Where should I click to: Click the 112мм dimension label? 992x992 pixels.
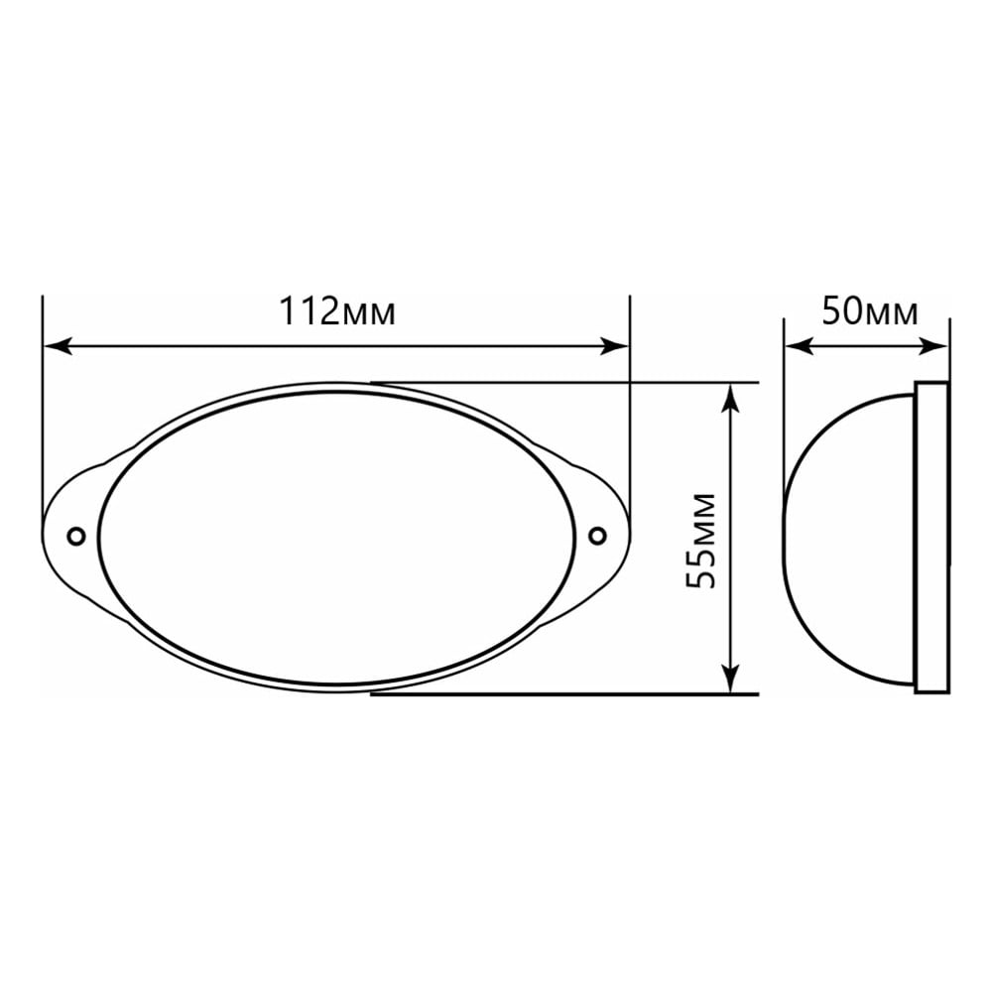(x=337, y=311)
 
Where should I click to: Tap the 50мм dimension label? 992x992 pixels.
(x=870, y=311)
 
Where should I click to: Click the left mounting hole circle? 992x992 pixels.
(x=76, y=536)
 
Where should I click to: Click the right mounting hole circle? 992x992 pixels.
(x=597, y=536)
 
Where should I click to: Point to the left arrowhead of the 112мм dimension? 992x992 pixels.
(x=56, y=346)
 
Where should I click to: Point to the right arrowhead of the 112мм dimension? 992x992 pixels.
(x=615, y=346)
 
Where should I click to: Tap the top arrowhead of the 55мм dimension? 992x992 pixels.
(x=731, y=398)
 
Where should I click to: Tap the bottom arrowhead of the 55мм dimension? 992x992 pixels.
(x=731, y=679)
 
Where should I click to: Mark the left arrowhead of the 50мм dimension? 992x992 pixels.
(x=799, y=346)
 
